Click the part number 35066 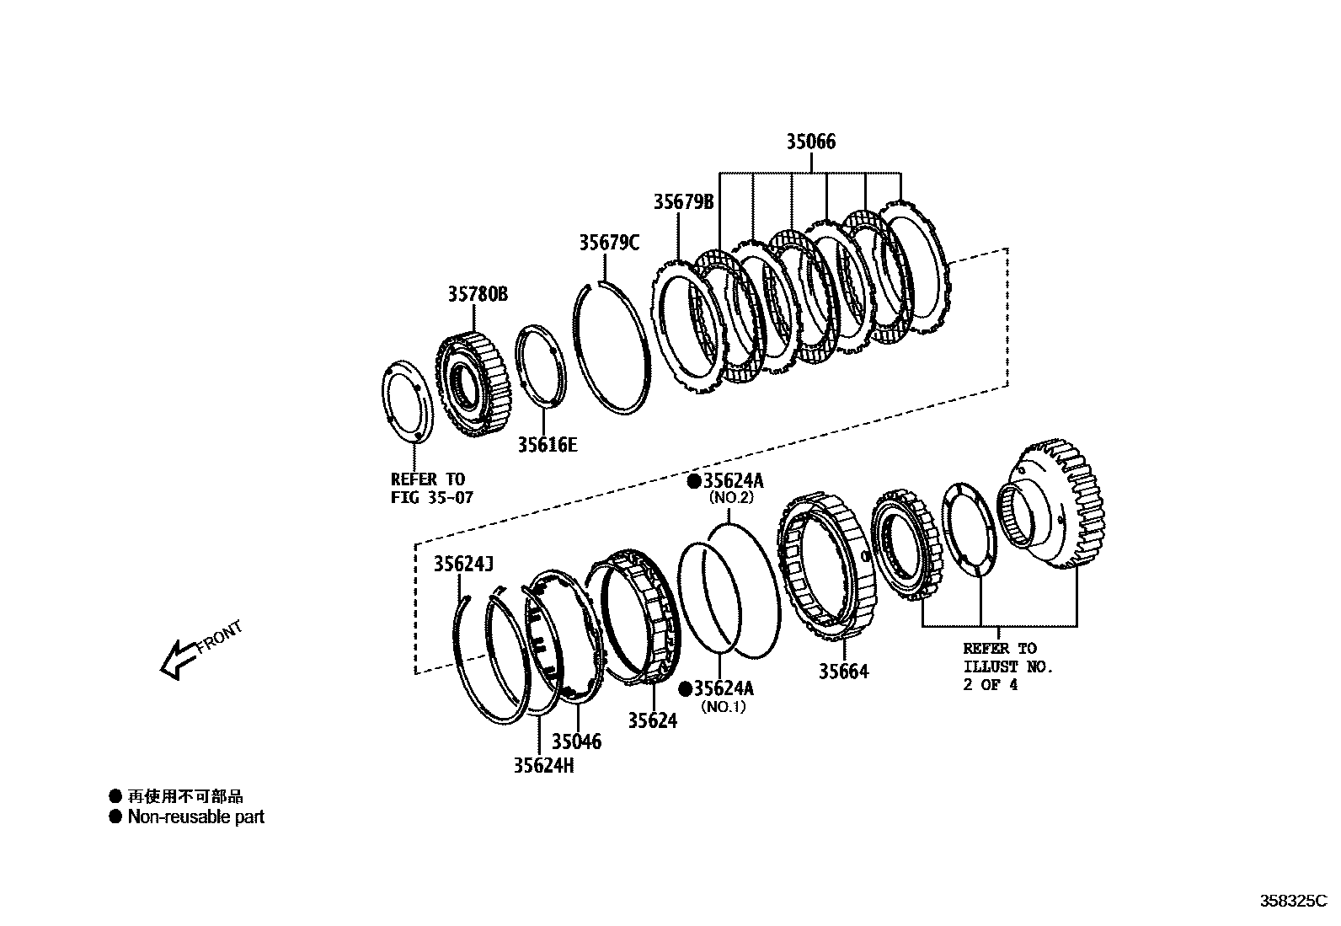coord(811,142)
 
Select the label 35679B coord(683,202)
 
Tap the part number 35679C coord(609,243)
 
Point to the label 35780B coord(478,294)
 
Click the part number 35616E coord(548,445)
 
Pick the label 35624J coord(463,564)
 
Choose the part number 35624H coord(544,765)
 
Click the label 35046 coord(577,741)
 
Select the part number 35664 coord(843,672)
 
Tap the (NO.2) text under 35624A coord(729,498)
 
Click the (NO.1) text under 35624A coord(723,708)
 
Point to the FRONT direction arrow coord(179,657)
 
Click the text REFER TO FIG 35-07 coord(431,489)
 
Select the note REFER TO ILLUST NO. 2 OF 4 coord(1007,666)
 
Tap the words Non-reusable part coord(195,816)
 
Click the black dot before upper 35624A coord(693,481)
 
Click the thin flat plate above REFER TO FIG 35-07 coord(408,401)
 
